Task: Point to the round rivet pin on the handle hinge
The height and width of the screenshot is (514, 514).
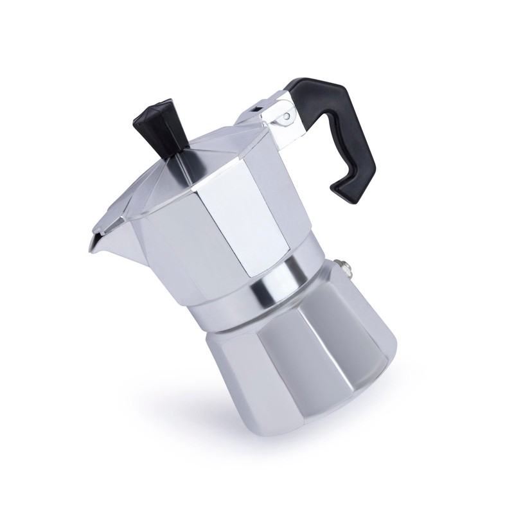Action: [287, 117]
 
